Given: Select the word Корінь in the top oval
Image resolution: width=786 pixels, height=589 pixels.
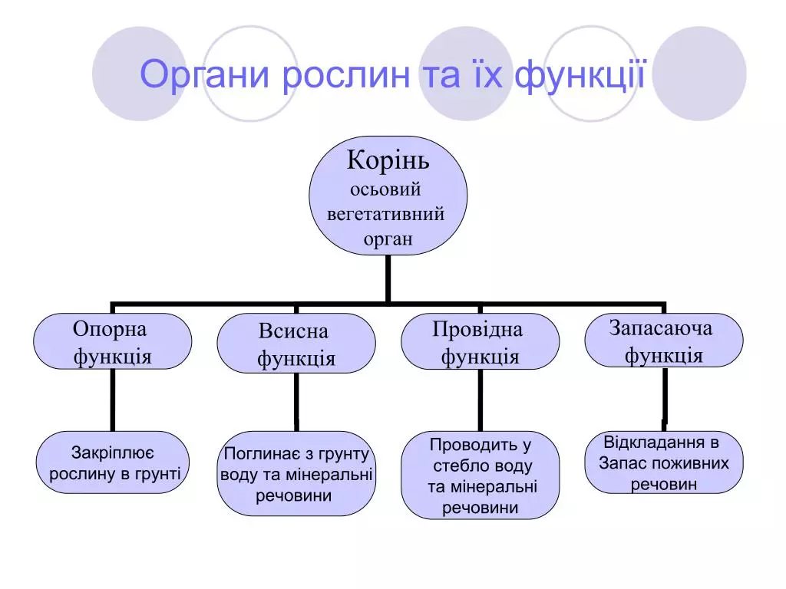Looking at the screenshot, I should tap(388, 161).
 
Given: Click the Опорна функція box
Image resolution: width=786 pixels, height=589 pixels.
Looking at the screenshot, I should tap(112, 342).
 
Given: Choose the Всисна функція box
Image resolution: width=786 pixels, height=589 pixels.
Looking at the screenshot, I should tap(296, 344).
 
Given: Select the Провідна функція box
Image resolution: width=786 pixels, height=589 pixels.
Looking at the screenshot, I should tap(480, 342).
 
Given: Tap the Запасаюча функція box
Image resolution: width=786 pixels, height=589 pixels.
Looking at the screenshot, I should tap(663, 341).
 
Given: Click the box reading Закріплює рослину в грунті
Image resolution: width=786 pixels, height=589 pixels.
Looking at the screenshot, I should tap(114, 462).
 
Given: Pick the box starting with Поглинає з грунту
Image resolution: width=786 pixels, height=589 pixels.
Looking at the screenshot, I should tap(296, 474).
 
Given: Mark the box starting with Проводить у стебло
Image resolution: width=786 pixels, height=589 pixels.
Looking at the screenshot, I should tap(480, 475).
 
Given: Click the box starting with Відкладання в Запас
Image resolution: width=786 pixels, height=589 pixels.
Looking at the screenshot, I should tap(663, 462).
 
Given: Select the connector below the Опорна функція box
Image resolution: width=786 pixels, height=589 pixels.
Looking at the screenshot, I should tap(112, 400).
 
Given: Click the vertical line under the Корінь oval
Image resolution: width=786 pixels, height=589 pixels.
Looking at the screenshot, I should tap(388, 278).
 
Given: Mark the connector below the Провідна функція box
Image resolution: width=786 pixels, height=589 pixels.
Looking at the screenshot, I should tap(480, 401).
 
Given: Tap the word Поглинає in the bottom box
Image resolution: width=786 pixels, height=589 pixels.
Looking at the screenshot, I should tap(257, 454).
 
